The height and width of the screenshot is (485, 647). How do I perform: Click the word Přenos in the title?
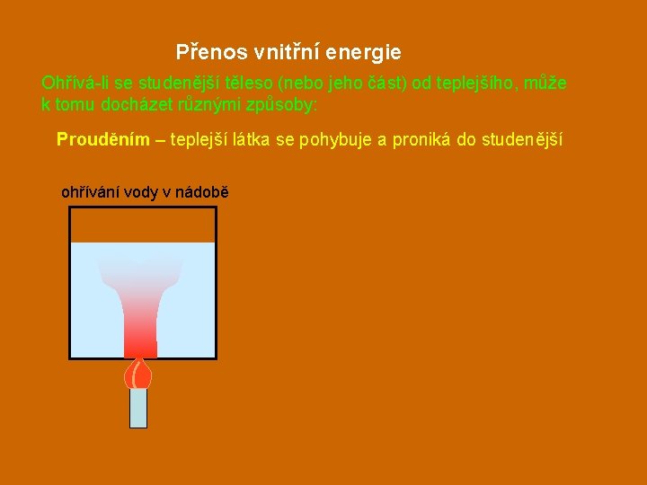click(x=203, y=52)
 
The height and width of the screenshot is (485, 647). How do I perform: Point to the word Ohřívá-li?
click(x=69, y=83)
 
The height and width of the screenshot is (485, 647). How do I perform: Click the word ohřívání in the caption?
click(x=90, y=191)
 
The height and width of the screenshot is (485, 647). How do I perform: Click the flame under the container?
click(x=138, y=372)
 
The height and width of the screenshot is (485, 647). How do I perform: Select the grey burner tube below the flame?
click(x=138, y=408)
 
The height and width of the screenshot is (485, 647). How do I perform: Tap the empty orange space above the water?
click(x=143, y=225)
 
